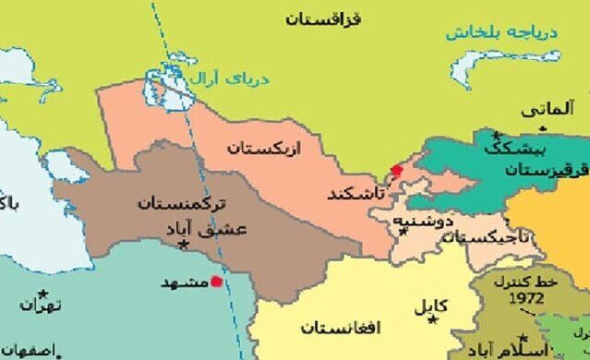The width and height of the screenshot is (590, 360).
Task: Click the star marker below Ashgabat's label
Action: (184, 245)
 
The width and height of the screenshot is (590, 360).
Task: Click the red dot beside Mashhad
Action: (216, 282)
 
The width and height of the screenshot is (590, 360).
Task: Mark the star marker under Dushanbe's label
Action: (403, 232)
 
